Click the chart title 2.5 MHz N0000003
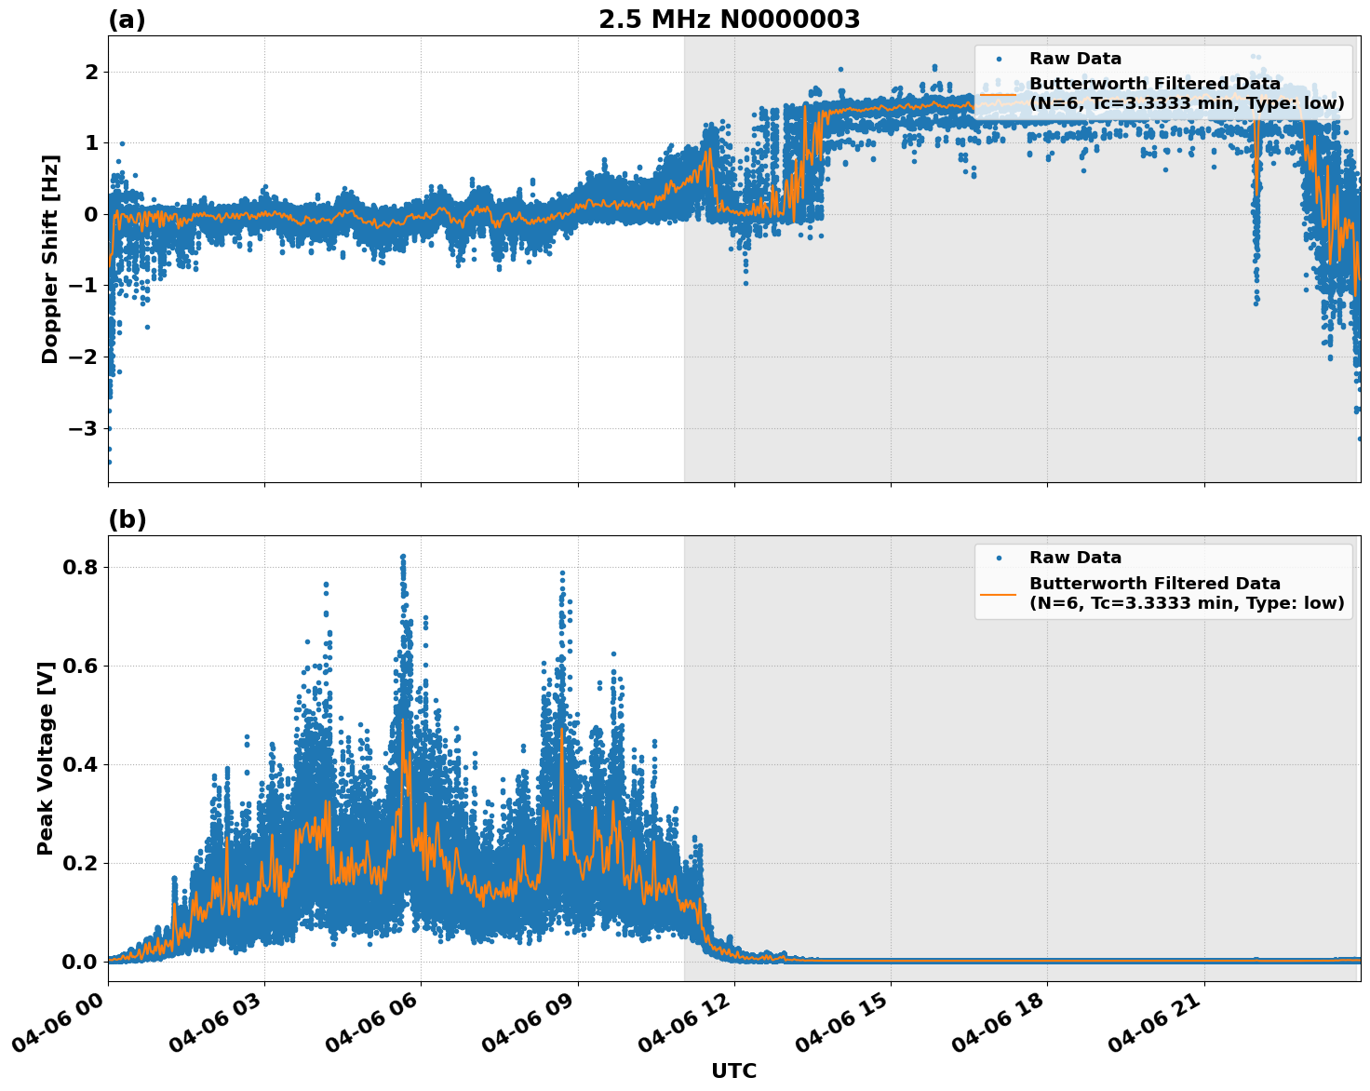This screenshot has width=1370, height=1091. tap(729, 20)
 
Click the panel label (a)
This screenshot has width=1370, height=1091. tap(127, 20)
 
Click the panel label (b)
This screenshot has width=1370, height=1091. tap(127, 519)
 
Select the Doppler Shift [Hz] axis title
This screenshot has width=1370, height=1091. tap(50, 259)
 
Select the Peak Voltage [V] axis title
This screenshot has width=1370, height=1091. tap(46, 758)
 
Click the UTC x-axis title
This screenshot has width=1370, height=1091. tap(733, 1071)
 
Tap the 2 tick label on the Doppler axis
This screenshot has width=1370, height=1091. tap(91, 72)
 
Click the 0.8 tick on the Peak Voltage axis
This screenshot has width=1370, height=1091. tap(81, 567)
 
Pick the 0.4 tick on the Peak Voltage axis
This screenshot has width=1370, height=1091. tap(81, 764)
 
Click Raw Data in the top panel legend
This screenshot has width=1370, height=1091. tap(1075, 59)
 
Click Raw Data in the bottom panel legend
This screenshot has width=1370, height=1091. tap(1075, 558)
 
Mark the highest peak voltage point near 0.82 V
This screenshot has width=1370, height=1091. tap(403, 557)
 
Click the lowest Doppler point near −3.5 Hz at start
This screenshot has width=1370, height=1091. tap(109, 462)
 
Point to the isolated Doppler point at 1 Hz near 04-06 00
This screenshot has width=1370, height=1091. tap(122, 143)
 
